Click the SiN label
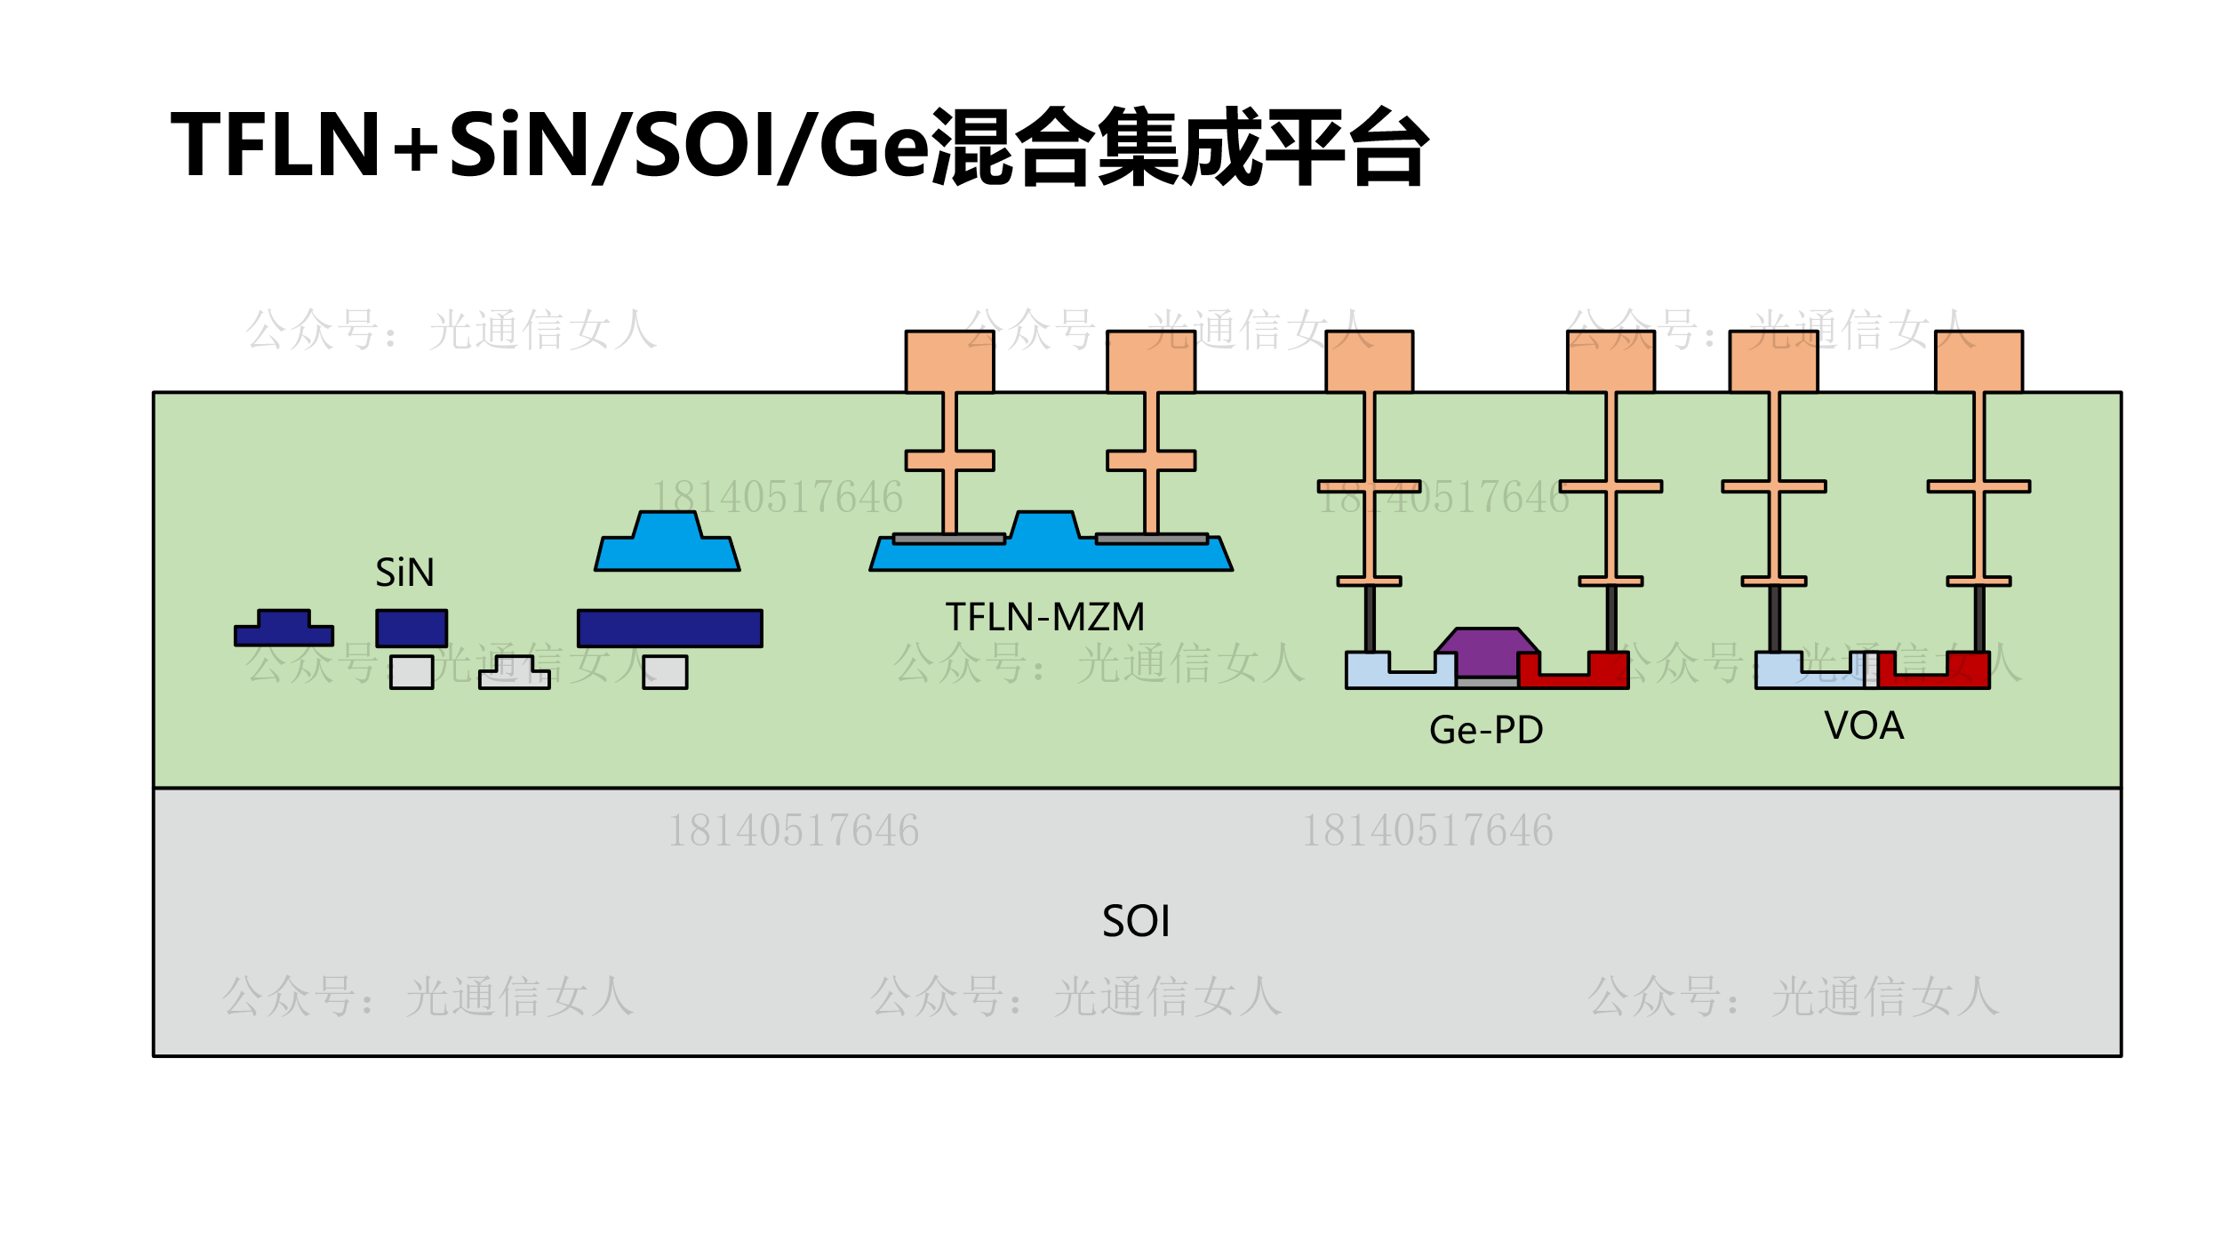click(x=404, y=573)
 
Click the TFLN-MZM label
click(x=1044, y=617)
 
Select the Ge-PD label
click(x=1486, y=730)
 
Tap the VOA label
click(x=1864, y=725)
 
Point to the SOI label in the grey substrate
click(x=1136, y=921)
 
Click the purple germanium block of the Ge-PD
click(x=1486, y=651)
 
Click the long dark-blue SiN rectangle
click(x=669, y=629)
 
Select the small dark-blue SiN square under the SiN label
click(x=412, y=629)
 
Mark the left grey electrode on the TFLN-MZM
click(x=949, y=539)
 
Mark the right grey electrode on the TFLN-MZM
click(x=1152, y=539)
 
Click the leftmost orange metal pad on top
click(x=949, y=361)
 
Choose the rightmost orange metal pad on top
click(x=1978, y=361)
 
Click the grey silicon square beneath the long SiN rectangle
click(x=665, y=672)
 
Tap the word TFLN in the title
click(x=276, y=144)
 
